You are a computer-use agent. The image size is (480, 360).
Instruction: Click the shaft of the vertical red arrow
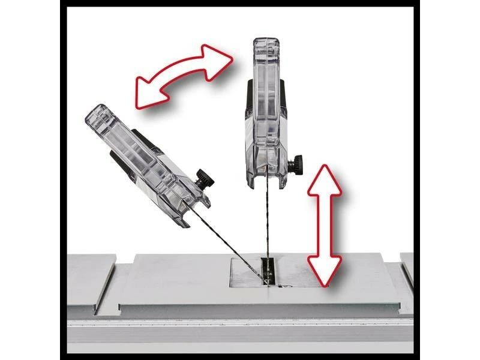click(324, 225)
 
